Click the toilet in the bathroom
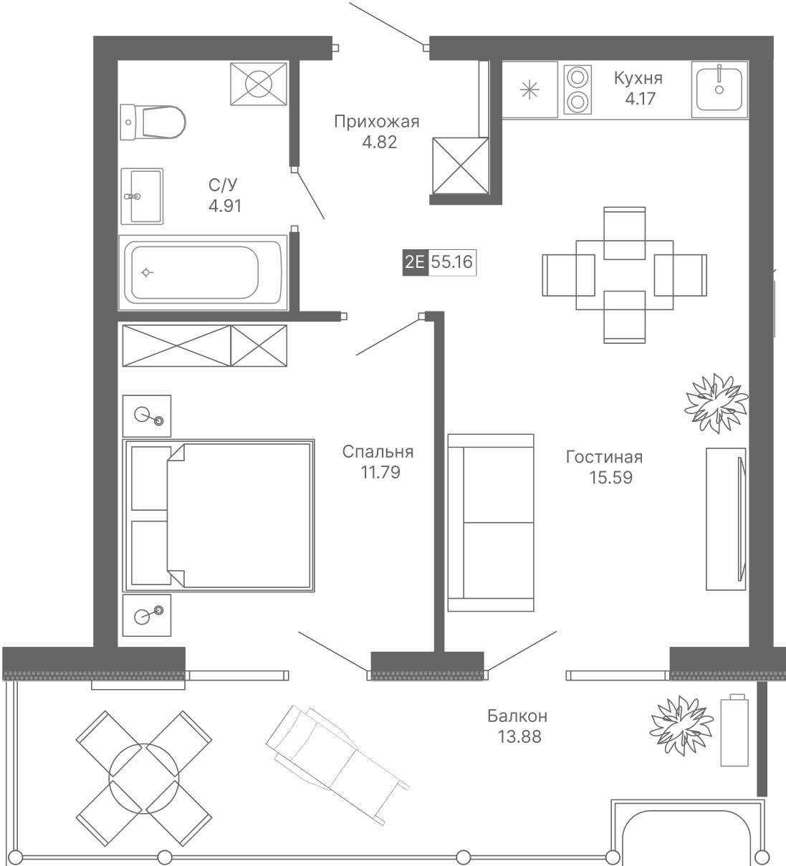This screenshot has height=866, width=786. click(x=153, y=122)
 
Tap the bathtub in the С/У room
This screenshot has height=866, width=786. click(x=203, y=272)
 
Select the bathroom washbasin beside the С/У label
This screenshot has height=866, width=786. click(x=142, y=196)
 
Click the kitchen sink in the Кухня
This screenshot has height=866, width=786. click(x=719, y=90)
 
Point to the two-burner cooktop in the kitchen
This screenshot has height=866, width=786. click(x=577, y=90)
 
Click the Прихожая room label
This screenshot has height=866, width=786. click(x=377, y=122)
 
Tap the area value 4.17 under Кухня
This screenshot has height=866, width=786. click(x=640, y=99)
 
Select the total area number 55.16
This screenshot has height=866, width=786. click(x=452, y=262)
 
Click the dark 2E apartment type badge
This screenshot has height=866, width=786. click(x=415, y=262)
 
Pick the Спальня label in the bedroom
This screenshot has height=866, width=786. click(x=378, y=451)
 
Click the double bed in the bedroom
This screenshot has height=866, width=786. click(x=219, y=516)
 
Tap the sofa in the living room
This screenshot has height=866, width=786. click(x=491, y=523)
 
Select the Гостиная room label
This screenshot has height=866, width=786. click(x=604, y=457)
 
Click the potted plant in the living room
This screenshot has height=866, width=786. click(x=716, y=403)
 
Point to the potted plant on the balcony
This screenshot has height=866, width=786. click(x=681, y=726)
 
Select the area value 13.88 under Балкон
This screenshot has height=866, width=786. click(x=519, y=737)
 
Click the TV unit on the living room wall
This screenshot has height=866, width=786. click(x=726, y=519)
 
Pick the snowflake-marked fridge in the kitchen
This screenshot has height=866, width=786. click(x=529, y=90)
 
